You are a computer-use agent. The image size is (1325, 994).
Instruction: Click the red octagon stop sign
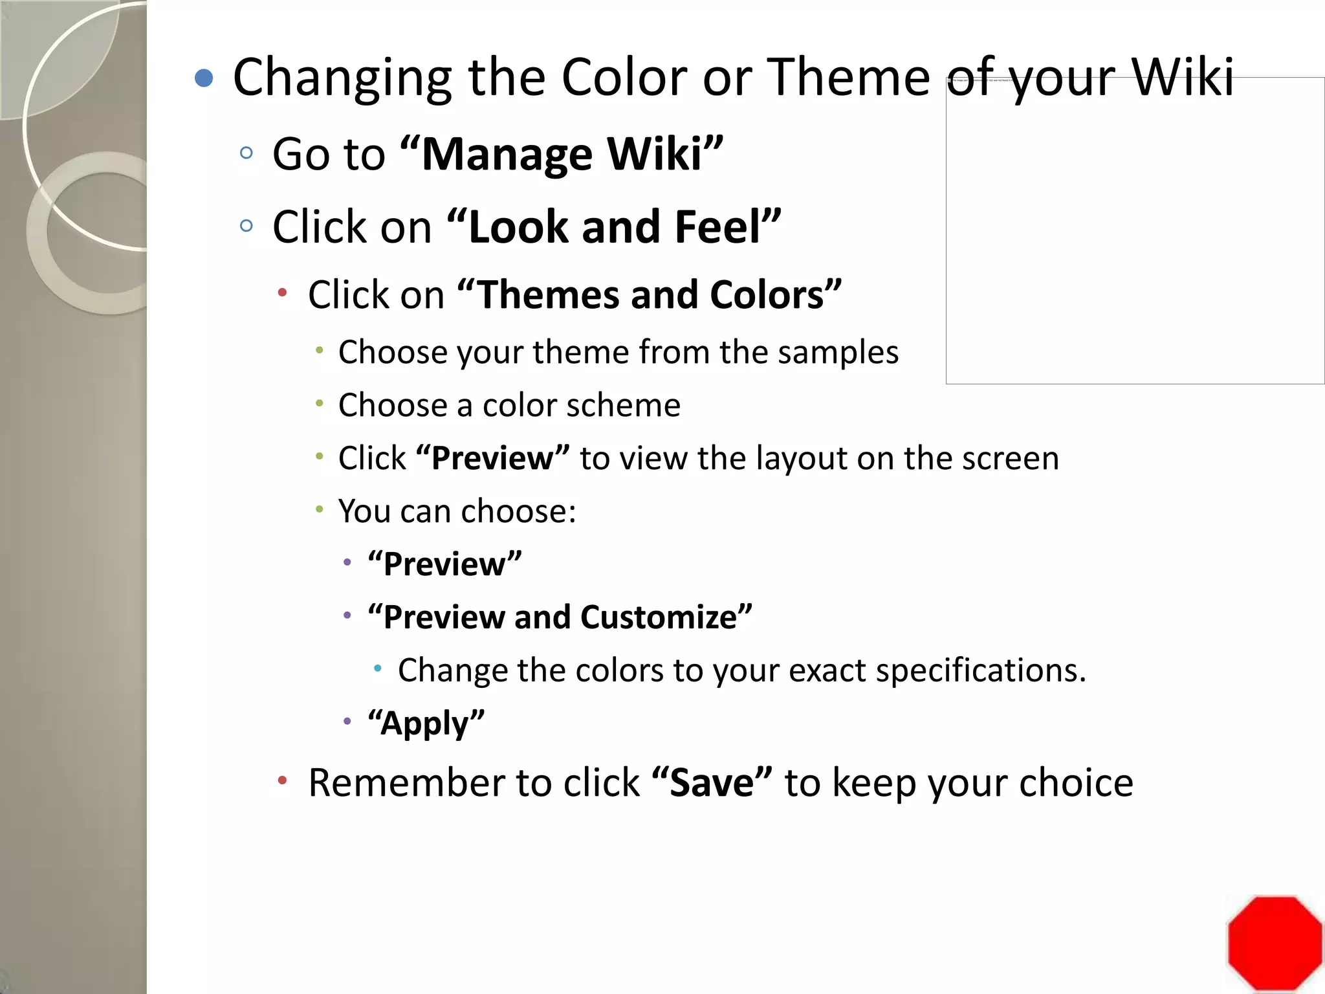pos(1274,942)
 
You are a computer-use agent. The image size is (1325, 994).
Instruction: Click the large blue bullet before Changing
pos(204,78)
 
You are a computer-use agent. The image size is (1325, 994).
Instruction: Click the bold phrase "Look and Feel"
pos(614,227)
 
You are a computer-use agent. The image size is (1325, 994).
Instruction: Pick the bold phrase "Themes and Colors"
pos(649,295)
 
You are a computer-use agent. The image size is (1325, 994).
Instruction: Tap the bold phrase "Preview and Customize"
pos(560,617)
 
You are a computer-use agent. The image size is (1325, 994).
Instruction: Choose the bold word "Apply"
pos(426,723)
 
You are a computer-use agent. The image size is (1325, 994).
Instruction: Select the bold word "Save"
pos(712,783)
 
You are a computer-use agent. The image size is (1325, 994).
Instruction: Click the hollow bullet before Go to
pos(246,153)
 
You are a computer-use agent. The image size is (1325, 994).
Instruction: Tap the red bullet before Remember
pos(282,781)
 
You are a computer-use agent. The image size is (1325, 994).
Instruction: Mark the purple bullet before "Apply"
pos(347,721)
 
